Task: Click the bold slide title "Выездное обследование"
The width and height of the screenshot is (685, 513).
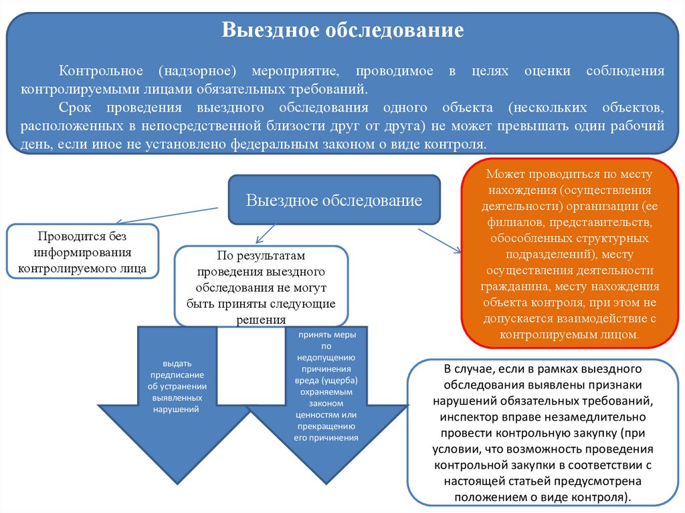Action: click(342, 31)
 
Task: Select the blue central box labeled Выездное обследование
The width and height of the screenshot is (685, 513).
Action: click(334, 200)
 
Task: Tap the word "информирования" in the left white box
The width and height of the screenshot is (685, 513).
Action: click(84, 253)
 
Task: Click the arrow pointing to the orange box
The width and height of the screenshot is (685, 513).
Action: click(439, 241)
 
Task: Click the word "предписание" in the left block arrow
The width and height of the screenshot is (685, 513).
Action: click(177, 375)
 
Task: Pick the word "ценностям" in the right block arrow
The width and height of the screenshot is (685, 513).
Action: click(326, 415)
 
